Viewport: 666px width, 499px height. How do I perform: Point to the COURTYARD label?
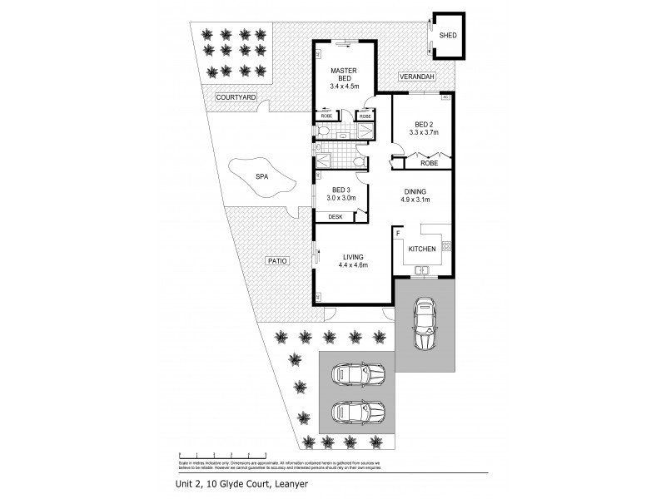click(236, 97)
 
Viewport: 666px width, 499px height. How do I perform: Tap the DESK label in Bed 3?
click(335, 216)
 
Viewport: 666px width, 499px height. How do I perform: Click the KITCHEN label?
click(422, 249)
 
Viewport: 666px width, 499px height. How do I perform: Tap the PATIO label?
click(278, 261)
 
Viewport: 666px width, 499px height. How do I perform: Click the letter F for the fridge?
click(398, 234)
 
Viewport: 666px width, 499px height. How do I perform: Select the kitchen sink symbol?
click(423, 269)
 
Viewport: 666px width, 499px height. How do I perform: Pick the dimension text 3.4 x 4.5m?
click(343, 86)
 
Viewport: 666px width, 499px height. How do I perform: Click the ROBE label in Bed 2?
click(429, 163)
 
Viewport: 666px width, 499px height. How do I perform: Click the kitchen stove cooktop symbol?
click(446, 246)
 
